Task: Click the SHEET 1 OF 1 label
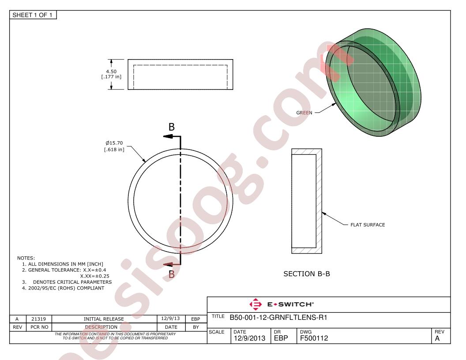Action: point(32,15)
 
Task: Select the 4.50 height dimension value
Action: point(112,71)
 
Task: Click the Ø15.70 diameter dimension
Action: point(114,143)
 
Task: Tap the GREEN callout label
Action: point(304,112)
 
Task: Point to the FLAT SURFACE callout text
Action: point(368,225)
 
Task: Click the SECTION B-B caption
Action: point(307,274)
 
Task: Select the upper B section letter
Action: point(172,127)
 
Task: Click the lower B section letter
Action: point(172,274)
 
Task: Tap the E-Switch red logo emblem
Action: point(256,304)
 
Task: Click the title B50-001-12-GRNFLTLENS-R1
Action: point(278,318)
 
